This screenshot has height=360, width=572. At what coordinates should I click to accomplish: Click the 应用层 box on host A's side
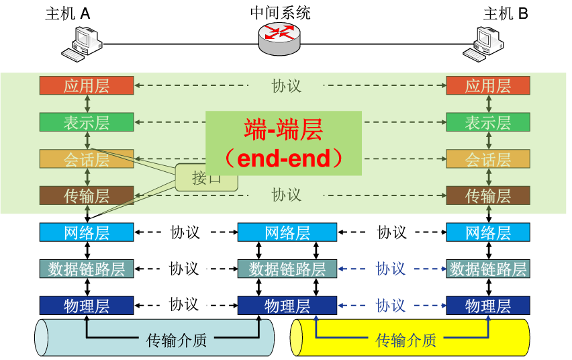[x=87, y=86]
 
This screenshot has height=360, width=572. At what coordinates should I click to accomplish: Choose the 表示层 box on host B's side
[x=488, y=123]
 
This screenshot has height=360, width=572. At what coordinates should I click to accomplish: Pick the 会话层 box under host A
[x=87, y=159]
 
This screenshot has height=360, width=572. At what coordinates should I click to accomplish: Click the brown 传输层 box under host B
[x=488, y=195]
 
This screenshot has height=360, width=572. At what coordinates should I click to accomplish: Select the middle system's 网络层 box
[x=287, y=232]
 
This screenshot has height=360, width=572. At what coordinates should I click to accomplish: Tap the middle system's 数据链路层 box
[x=287, y=269]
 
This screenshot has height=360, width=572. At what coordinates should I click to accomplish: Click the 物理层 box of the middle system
[x=287, y=306]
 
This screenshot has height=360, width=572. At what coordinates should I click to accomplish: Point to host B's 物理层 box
[x=488, y=306]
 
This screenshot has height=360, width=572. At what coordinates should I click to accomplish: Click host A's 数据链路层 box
[x=87, y=269]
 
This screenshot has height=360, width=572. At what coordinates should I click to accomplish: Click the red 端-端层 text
[x=283, y=128]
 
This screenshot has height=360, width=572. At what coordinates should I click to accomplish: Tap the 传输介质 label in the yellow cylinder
[x=406, y=341]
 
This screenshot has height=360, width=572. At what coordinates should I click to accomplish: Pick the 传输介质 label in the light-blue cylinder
[x=177, y=341]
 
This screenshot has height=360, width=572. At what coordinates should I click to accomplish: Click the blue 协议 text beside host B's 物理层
[x=391, y=306]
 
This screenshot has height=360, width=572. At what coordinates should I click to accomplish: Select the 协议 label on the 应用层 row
[x=287, y=86]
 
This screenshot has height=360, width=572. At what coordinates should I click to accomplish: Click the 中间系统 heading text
[x=281, y=13]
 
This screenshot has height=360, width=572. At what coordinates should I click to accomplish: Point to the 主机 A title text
[x=67, y=13]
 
